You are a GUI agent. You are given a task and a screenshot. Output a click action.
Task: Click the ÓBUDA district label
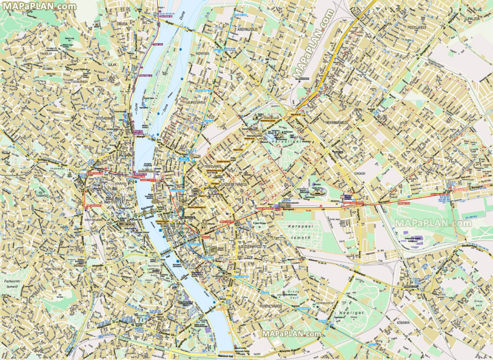click(118, 23)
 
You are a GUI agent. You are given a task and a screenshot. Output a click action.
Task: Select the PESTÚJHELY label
click(417, 28)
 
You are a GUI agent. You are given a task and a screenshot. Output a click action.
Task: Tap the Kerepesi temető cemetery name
click(296, 231)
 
